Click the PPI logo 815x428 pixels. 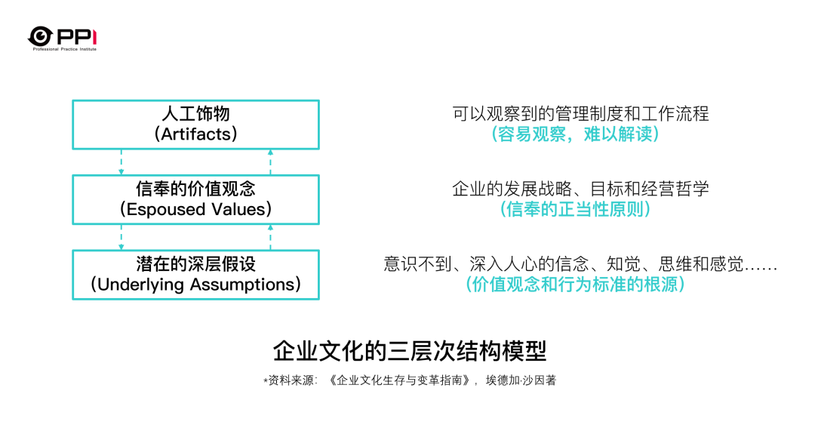point(63,38)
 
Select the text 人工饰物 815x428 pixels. point(196,114)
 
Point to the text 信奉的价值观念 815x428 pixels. point(196,189)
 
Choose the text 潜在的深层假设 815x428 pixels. point(196,264)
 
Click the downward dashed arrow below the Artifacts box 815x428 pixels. point(121,162)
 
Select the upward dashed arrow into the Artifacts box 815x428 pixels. point(270,162)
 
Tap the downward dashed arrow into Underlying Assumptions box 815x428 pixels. point(121,237)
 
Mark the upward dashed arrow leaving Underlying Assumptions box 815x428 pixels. point(270,237)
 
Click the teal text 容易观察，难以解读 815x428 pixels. point(575,134)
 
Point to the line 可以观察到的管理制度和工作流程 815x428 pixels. point(580,114)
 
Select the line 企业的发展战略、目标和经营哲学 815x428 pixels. point(580,189)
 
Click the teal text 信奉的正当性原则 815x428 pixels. point(575,209)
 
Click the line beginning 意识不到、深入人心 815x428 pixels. point(580,264)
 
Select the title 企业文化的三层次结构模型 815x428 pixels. point(410,352)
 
